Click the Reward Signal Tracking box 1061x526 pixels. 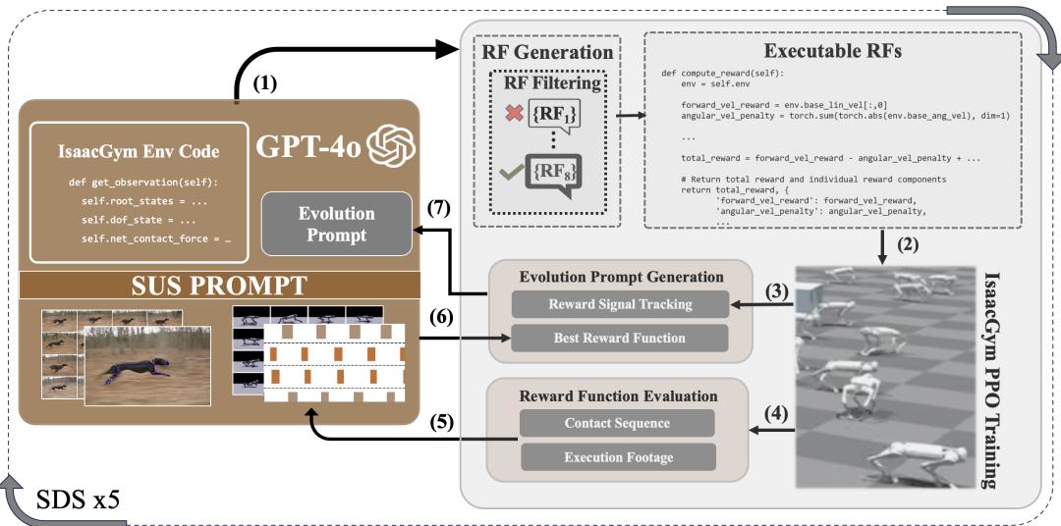620,304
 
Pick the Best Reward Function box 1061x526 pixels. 620,338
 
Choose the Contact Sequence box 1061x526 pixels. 617,424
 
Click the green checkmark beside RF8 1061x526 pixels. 508,172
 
